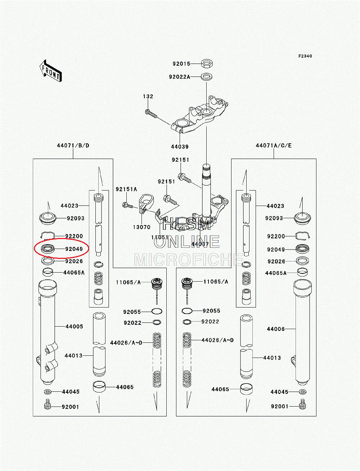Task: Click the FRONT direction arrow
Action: (51, 71)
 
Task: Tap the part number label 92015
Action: (181, 64)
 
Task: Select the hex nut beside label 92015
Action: (207, 64)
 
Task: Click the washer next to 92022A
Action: (206, 77)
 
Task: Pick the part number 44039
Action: (180, 147)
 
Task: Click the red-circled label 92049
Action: (74, 249)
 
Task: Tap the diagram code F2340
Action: (305, 56)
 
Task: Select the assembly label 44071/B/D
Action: (73, 145)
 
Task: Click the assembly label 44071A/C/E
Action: (274, 145)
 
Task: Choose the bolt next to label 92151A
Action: (127, 205)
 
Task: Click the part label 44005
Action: (74, 327)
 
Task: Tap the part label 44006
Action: (275, 329)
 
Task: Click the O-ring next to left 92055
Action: (157, 311)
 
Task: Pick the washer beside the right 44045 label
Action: (302, 391)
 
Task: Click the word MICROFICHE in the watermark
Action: (189, 260)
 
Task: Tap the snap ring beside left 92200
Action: (48, 235)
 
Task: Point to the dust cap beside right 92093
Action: (302, 218)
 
